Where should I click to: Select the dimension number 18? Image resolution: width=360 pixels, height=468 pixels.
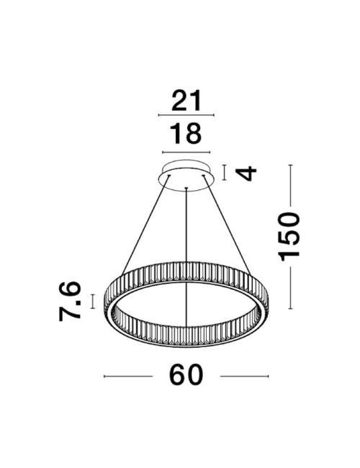186,134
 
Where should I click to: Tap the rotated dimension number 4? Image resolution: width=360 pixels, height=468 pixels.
247,174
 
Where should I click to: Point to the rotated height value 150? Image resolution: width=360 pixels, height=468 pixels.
289,237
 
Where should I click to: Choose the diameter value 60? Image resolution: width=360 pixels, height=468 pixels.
186,375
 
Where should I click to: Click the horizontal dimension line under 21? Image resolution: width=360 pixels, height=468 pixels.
186,116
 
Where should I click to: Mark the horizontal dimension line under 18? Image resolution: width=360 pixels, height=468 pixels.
186,151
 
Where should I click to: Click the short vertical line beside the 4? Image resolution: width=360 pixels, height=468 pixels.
225,173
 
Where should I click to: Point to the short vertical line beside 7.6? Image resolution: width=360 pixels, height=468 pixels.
93,300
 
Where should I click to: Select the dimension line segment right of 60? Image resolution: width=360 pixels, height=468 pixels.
243,376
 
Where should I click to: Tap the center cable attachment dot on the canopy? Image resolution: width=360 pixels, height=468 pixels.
186,189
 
